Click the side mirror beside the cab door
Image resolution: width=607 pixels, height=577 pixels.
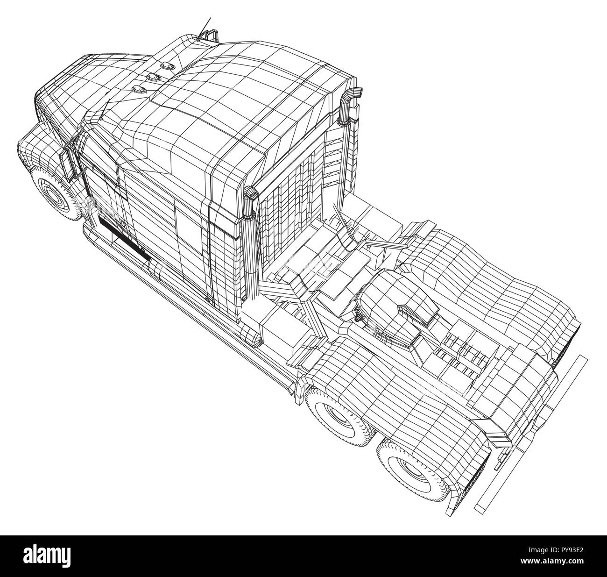tap(69, 159)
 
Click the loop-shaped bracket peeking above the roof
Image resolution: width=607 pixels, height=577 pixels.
tap(208, 36)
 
